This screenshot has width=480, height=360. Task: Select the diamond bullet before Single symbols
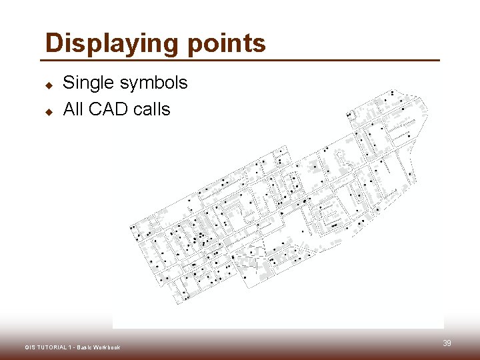pos(49,85)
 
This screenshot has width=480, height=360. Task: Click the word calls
pos(152,109)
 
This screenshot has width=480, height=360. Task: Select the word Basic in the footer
pos(85,347)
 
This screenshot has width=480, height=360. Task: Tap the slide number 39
pos(447,343)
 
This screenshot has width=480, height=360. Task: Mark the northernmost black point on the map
pos(393,92)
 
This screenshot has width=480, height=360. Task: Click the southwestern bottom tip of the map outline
pos(177,305)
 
